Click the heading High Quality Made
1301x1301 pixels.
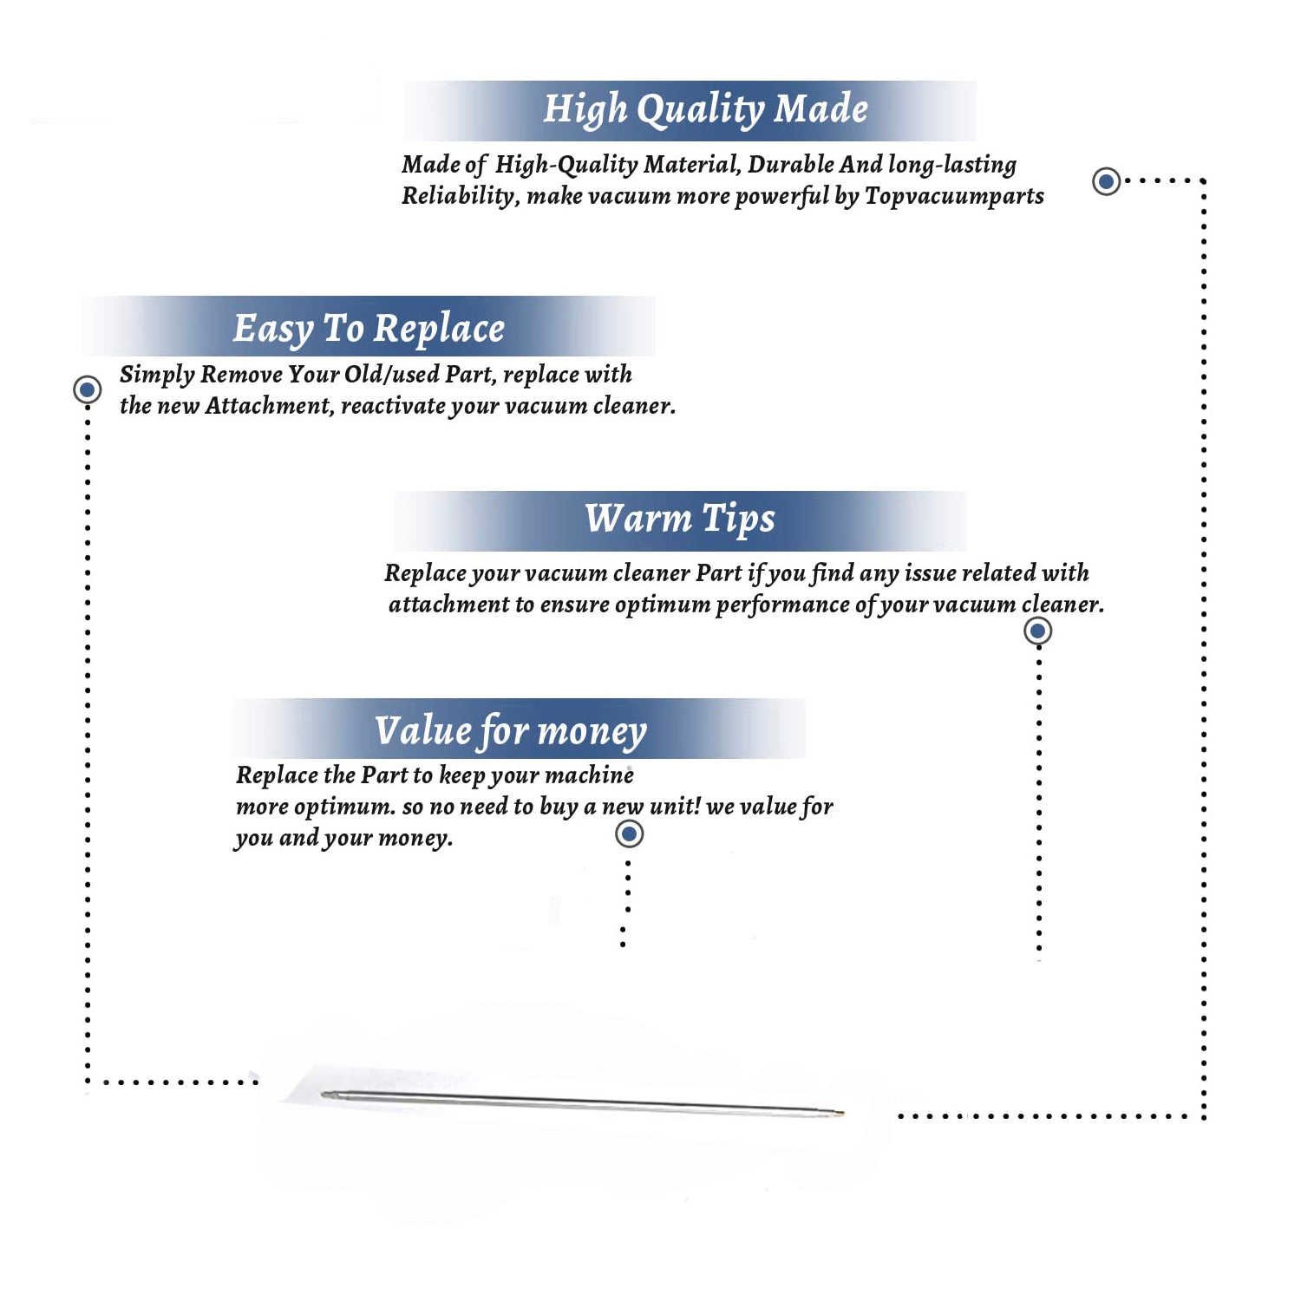click(x=705, y=110)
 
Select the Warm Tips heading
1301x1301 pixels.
click(x=680, y=520)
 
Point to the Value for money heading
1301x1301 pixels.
click(x=511, y=731)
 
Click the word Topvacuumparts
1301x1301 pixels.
click(x=954, y=197)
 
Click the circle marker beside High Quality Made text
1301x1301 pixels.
click(x=1106, y=181)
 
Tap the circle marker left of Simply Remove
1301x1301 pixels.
click(x=87, y=389)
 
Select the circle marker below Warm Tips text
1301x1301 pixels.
click(x=1038, y=631)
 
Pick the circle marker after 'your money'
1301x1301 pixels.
click(x=629, y=834)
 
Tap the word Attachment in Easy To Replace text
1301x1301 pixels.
click(x=268, y=406)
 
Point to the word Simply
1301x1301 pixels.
click(x=157, y=376)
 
